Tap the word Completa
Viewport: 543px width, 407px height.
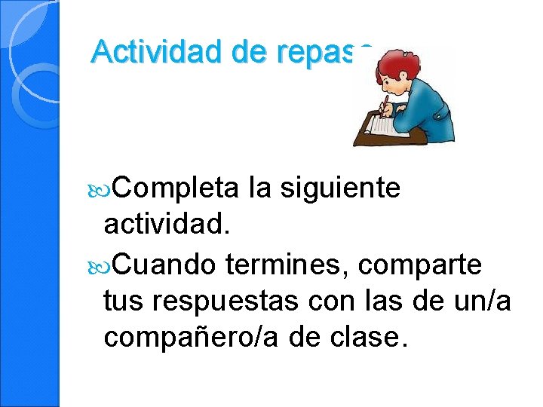(x=176, y=188)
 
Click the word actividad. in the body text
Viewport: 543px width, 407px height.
(x=167, y=224)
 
